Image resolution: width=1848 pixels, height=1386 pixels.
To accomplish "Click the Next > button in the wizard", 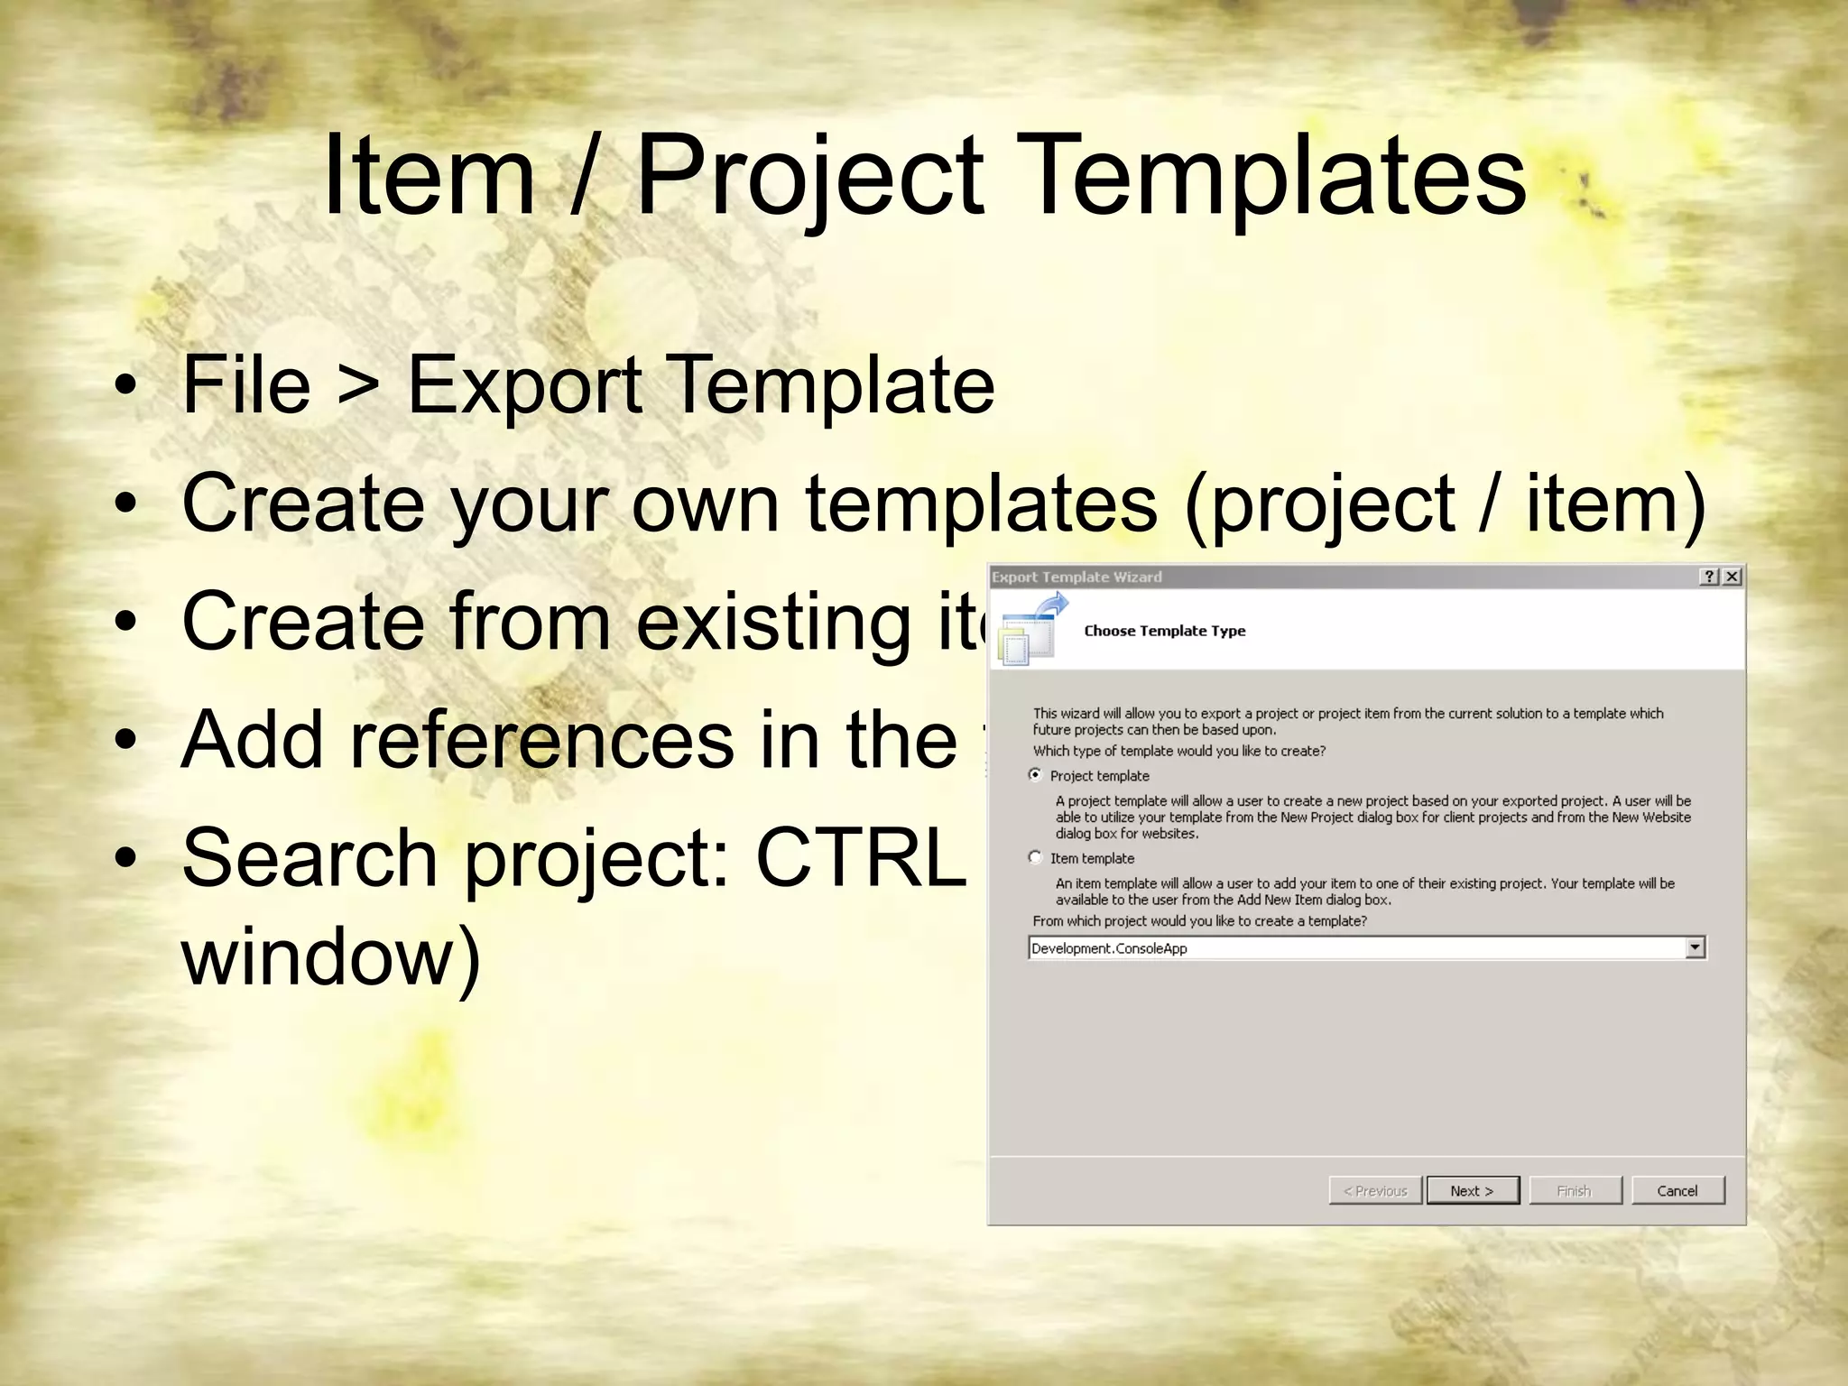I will pyautogui.click(x=1472, y=1190).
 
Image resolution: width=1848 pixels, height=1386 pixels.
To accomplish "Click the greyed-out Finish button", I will pyautogui.click(x=1575, y=1190).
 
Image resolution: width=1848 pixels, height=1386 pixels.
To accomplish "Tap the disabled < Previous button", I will pyautogui.click(x=1375, y=1190).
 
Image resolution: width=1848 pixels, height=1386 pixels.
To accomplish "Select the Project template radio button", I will pyautogui.click(x=1036, y=775).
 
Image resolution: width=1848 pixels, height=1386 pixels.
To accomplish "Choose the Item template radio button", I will pyautogui.click(x=1036, y=857).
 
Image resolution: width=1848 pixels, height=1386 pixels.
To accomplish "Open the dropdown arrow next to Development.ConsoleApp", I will pyautogui.click(x=1695, y=947).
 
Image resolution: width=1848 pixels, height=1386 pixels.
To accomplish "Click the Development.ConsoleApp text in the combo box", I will pyautogui.click(x=1109, y=948).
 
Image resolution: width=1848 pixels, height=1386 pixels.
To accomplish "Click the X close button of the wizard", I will pyautogui.click(x=1732, y=577).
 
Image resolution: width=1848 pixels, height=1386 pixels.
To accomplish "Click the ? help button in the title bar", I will pyautogui.click(x=1709, y=577).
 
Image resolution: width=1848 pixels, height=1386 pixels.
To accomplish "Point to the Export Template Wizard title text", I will pyautogui.click(x=1076, y=577).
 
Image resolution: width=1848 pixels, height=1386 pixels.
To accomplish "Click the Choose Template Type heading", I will pyautogui.click(x=1164, y=631).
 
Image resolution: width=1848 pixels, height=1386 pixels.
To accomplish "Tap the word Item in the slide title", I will pyautogui.click(x=429, y=176).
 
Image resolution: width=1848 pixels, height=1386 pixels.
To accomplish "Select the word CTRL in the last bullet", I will pyautogui.click(x=860, y=857).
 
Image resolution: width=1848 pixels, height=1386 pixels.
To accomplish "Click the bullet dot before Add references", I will pyautogui.click(x=127, y=741).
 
